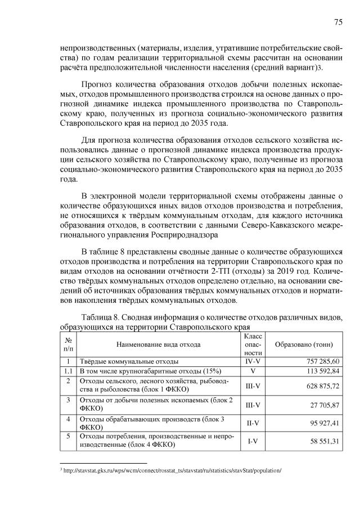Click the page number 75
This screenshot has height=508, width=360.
[x=339, y=22]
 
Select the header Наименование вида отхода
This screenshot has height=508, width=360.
[x=158, y=343]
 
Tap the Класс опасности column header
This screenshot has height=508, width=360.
[x=253, y=343]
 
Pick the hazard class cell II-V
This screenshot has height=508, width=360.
[x=253, y=423]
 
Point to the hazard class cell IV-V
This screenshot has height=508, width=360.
[x=253, y=361]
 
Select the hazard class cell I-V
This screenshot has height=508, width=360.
[x=253, y=442]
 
